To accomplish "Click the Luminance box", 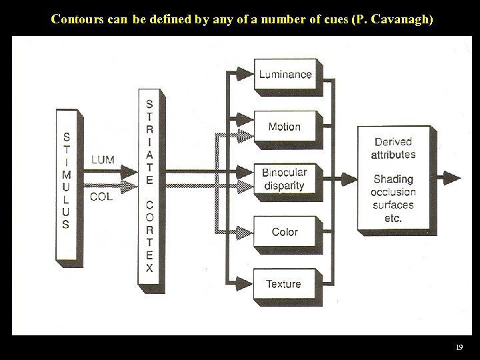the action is coord(285,74).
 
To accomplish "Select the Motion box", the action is coord(285,126).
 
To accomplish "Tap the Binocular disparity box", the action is coord(285,179).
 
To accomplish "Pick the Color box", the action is coord(285,231).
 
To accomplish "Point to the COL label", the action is coord(101,197).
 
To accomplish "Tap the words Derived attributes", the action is coord(393,148).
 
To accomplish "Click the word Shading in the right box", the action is coord(393,179).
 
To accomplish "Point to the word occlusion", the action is coord(393,192).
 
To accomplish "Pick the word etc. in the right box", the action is coord(393,218).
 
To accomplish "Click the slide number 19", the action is coord(459,347).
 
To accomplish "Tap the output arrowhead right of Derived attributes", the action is coord(453,178).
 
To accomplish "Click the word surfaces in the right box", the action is coord(393,205).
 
